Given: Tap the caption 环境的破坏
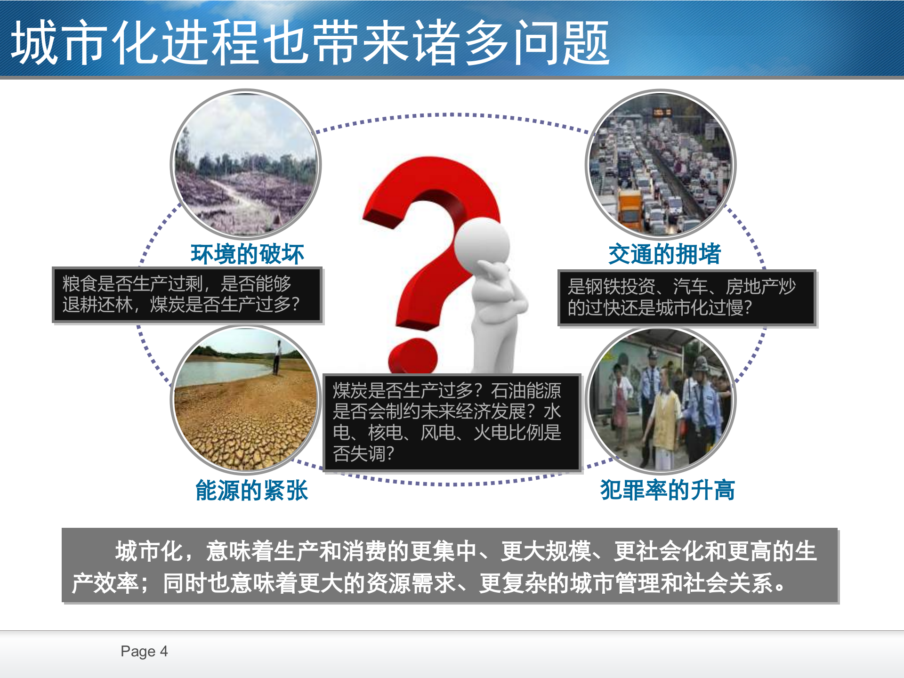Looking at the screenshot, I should pos(247,254).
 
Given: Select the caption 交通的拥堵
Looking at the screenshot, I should pos(664,254).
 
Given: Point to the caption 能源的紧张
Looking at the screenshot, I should pos(251,490).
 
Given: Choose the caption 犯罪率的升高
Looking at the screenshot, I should pos(667,490).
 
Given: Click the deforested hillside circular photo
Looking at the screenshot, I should pos(245,164).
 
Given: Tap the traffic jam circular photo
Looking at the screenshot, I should pos(660,164).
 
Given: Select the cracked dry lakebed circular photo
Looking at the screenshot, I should pos(245,400).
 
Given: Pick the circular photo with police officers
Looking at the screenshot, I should pos(660,400).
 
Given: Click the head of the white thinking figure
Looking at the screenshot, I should pos(481,245).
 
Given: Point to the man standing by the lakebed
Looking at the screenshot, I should pos(277,357).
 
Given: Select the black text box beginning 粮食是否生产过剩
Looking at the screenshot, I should pos(187,295).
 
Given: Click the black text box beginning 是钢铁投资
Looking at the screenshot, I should pos(686,298).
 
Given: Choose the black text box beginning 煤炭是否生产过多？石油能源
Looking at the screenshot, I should pos(452,422).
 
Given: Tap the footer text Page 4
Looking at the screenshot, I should pos(144,651).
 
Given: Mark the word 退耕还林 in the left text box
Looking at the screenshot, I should pos(97,305).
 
